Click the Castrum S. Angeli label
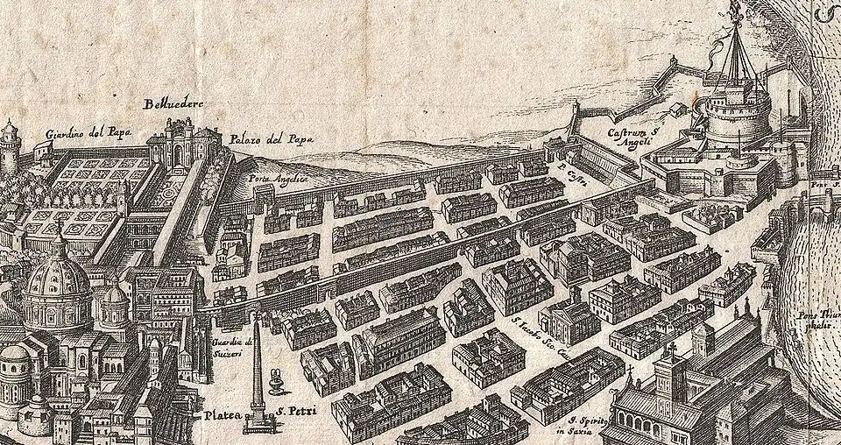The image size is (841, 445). tap(627, 137)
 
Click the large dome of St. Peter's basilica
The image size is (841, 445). tap(56, 285)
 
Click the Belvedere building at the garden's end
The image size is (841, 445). tap(182, 145)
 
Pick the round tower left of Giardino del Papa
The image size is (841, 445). tap(10, 149)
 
